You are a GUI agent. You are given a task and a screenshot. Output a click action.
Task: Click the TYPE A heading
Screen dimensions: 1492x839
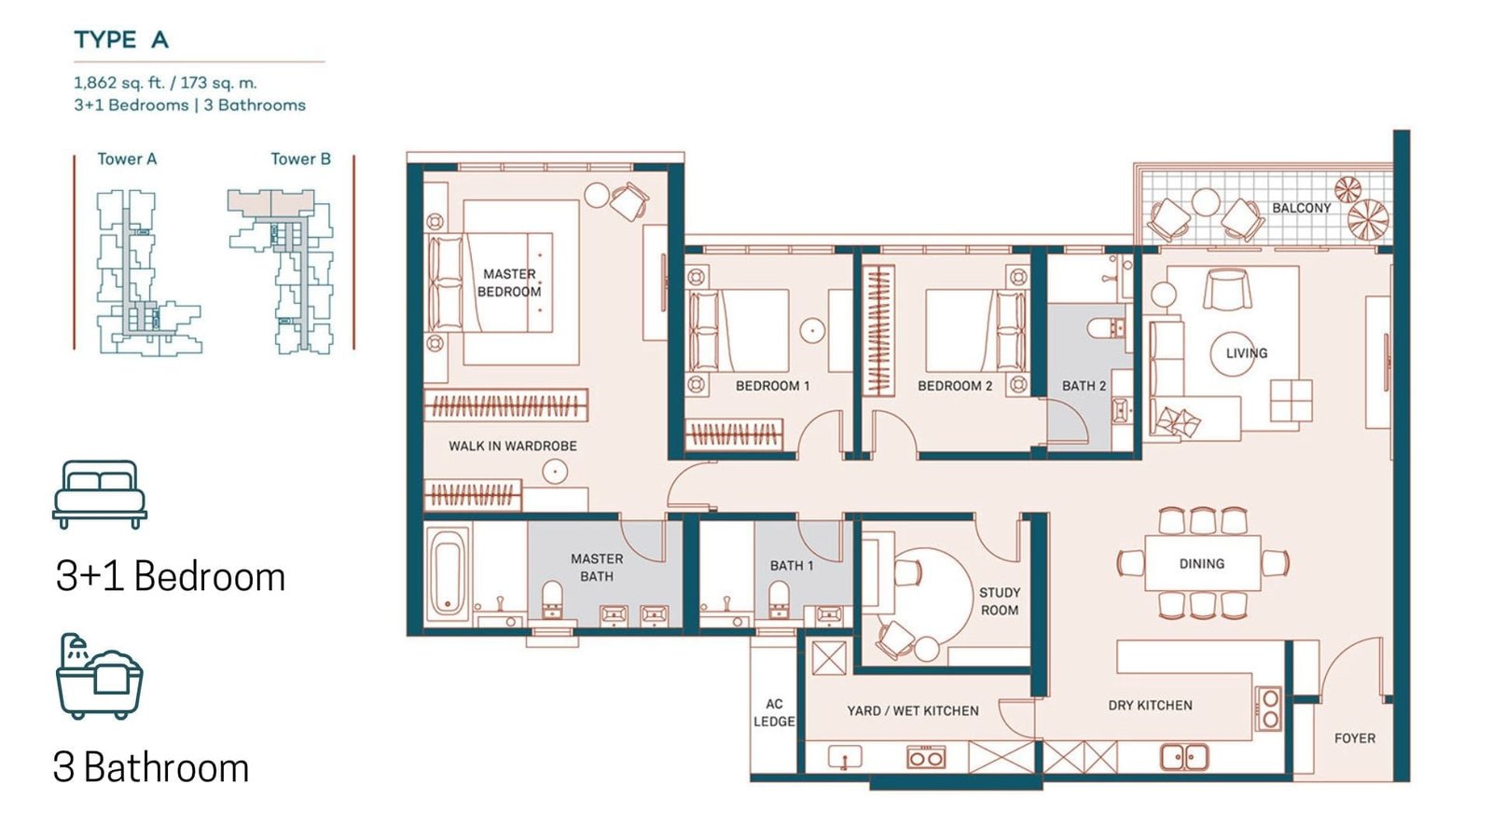pyautogui.click(x=121, y=40)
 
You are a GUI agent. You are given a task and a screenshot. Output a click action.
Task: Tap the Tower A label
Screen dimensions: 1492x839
pyautogui.click(x=127, y=159)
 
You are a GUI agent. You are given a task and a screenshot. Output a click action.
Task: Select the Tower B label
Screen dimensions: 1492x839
pyautogui.click(x=300, y=159)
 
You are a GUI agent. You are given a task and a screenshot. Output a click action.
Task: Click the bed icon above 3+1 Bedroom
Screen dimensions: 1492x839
pyautogui.click(x=100, y=494)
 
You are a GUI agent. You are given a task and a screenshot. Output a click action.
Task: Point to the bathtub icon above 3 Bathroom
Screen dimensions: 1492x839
pyautogui.click(x=100, y=676)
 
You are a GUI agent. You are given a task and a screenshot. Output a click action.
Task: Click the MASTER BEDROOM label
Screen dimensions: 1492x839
pyautogui.click(x=509, y=283)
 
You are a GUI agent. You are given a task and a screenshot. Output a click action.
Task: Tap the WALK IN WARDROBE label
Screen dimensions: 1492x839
pyautogui.click(x=513, y=447)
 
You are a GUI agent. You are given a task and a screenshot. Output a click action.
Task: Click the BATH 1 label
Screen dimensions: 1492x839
pyautogui.click(x=792, y=566)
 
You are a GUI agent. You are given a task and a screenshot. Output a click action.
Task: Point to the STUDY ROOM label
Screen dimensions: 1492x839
pyautogui.click(x=1000, y=601)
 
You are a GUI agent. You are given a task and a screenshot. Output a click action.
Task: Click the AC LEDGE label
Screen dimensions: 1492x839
pyautogui.click(x=774, y=713)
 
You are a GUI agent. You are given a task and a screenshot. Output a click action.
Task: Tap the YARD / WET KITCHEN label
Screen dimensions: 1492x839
pyautogui.click(x=913, y=711)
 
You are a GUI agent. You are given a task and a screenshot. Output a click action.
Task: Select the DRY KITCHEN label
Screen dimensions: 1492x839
pyautogui.click(x=1151, y=706)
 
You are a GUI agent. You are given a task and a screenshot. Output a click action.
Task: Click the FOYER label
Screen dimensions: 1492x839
pyautogui.click(x=1355, y=738)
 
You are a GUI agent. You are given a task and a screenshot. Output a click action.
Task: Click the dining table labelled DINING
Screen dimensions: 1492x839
pyautogui.click(x=1203, y=563)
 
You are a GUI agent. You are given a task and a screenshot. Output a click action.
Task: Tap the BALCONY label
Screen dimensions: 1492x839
pyautogui.click(x=1302, y=209)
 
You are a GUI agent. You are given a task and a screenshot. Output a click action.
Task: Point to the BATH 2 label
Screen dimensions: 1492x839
pyautogui.click(x=1084, y=386)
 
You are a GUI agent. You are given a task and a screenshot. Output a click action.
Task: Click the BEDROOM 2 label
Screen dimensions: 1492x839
pyautogui.click(x=955, y=386)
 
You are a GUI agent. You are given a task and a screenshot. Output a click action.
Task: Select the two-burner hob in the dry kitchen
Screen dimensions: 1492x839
pyautogui.click(x=1269, y=708)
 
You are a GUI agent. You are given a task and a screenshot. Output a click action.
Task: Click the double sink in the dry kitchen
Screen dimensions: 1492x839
pyautogui.click(x=1184, y=757)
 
